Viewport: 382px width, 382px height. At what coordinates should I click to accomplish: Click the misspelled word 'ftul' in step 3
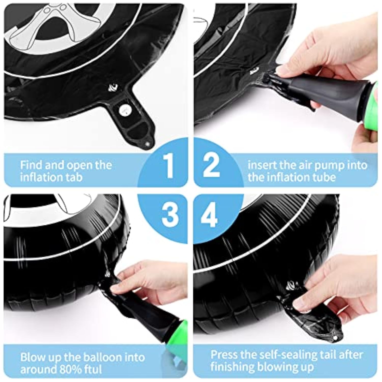(93, 369)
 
